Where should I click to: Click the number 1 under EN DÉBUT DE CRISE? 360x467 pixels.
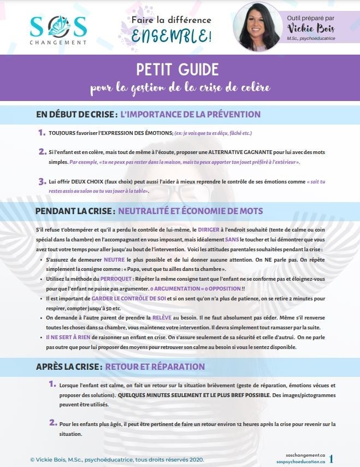(42, 133)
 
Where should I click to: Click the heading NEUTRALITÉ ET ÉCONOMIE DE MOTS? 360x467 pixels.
(190, 211)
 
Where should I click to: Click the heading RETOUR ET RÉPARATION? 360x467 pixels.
(155, 366)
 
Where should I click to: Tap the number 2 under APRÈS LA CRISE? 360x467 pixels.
(53, 422)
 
